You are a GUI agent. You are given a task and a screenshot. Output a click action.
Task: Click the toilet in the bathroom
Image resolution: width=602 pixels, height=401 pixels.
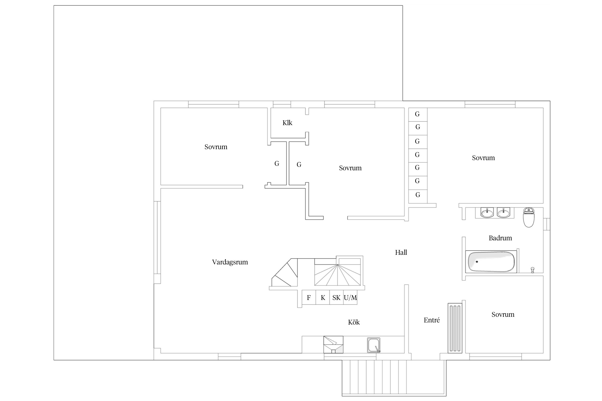point(528,217)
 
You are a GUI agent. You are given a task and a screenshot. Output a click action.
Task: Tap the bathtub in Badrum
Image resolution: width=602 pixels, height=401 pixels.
point(491,262)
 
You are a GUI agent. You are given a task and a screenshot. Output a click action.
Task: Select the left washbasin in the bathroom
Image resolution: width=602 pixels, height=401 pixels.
point(487,213)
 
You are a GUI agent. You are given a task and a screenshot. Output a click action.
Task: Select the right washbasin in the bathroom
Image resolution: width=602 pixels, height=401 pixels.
point(504,213)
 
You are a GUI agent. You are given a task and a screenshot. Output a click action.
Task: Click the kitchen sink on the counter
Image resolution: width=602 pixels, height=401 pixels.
point(374,345)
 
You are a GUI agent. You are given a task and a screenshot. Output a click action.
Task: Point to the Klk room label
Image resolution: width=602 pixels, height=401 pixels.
point(287,123)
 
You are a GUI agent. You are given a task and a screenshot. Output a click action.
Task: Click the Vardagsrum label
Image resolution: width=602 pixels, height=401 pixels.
point(230,262)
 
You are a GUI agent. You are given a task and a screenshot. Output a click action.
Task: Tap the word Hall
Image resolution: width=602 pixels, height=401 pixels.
point(401,252)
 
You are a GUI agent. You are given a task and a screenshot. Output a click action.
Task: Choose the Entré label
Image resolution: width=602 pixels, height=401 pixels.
point(432,320)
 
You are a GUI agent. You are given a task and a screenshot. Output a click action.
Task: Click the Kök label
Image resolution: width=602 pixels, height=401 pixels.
point(354,322)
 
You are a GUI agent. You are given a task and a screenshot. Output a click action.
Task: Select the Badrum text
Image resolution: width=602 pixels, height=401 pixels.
point(500,238)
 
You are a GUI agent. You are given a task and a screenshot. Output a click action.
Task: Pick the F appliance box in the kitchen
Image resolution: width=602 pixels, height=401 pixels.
point(309,297)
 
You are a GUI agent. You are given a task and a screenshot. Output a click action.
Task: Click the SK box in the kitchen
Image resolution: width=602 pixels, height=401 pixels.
point(336,297)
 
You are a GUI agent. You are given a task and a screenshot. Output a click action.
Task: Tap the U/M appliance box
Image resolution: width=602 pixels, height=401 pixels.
point(350,297)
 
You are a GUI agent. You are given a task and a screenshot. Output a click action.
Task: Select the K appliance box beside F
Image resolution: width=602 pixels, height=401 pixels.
point(323,297)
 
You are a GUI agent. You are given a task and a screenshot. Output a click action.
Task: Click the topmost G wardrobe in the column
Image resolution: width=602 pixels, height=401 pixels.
point(418,114)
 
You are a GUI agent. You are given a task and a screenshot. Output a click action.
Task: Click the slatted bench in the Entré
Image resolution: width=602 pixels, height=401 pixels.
point(455,328)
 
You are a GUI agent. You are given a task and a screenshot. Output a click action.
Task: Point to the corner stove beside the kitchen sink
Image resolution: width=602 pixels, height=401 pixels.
point(333,345)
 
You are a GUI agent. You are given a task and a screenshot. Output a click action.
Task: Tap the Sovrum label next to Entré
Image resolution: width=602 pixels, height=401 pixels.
point(503,314)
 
